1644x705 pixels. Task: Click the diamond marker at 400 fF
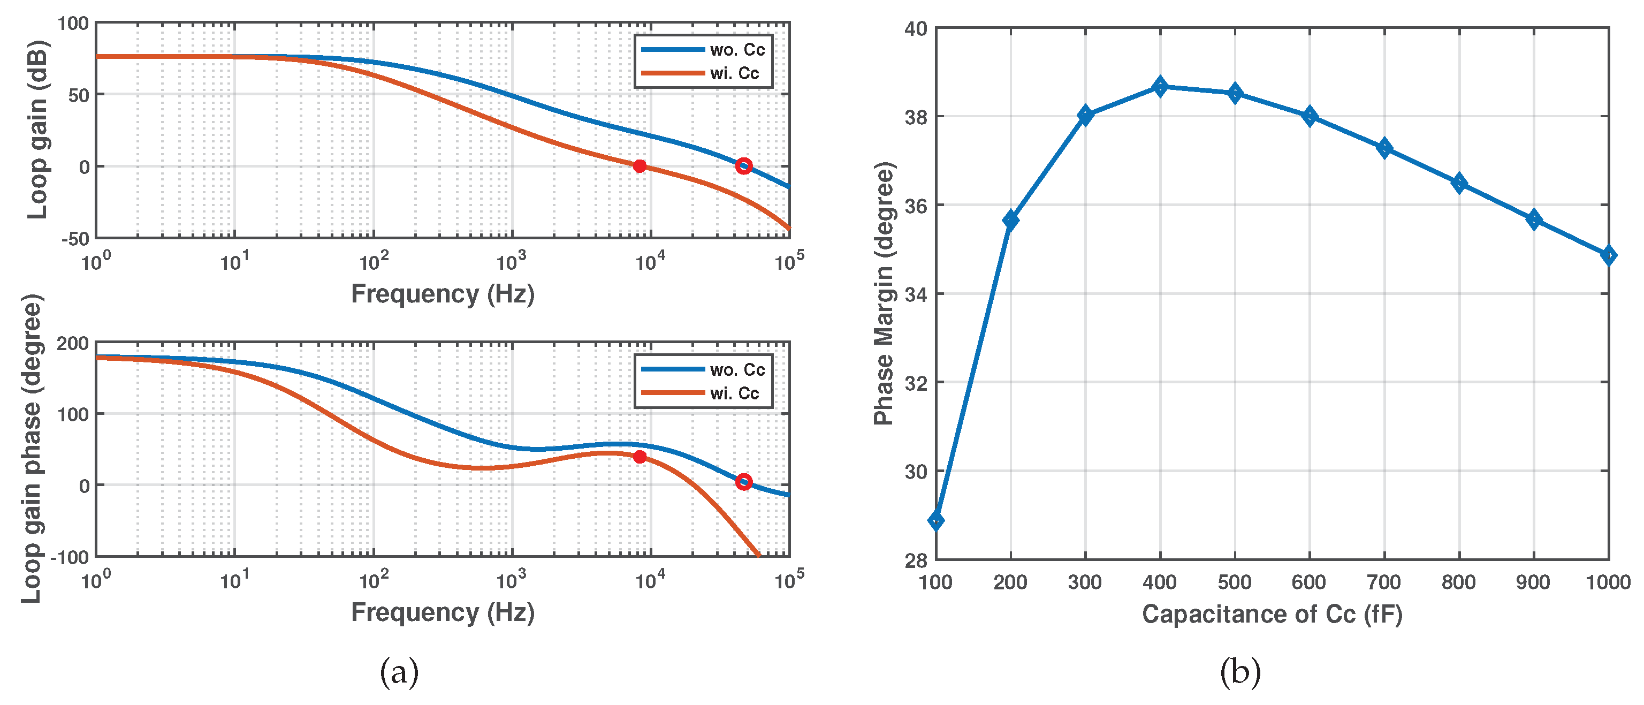[x=1160, y=86]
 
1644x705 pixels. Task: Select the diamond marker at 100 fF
[x=936, y=520]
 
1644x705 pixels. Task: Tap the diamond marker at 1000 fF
[x=1608, y=255]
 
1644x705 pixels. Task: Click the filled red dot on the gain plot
[x=640, y=166]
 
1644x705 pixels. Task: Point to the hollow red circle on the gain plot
[x=743, y=166]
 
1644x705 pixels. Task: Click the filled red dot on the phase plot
[x=640, y=457]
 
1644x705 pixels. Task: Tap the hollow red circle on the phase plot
[x=743, y=481]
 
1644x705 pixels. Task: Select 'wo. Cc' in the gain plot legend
[x=736, y=50]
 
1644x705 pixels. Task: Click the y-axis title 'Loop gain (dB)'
[x=37, y=130]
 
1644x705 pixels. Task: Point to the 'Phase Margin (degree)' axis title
[x=884, y=294]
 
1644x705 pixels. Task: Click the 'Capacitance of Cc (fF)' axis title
[x=1272, y=615]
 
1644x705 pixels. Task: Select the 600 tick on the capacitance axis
[x=1309, y=582]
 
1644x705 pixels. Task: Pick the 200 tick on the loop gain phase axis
[x=72, y=344]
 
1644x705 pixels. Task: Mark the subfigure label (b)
[x=1240, y=672]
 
